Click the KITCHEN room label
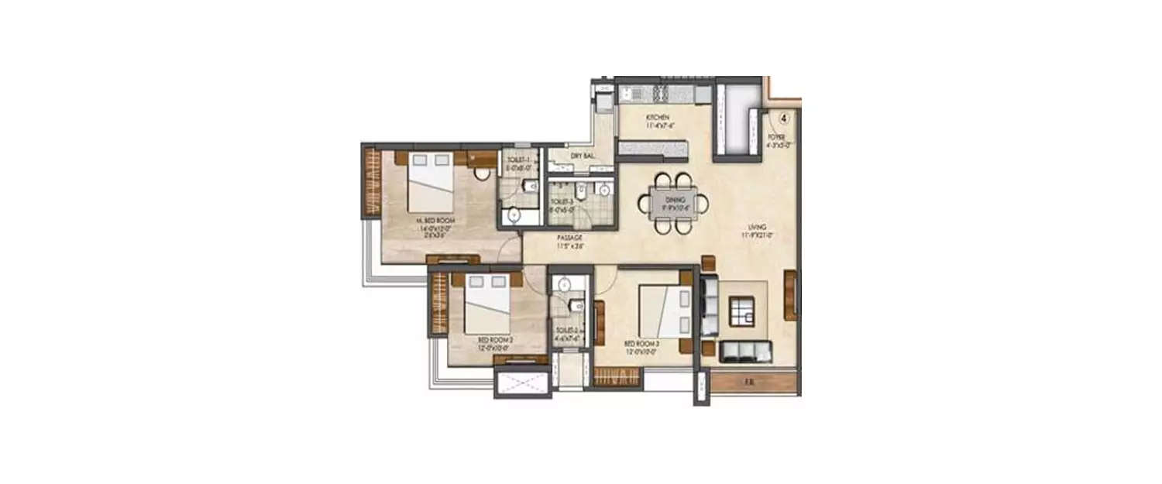[658, 118]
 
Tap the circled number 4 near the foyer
[784, 119]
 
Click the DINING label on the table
[671, 200]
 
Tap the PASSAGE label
[569, 238]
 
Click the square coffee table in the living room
[743, 312]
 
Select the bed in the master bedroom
[430, 184]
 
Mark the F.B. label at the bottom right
[748, 382]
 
